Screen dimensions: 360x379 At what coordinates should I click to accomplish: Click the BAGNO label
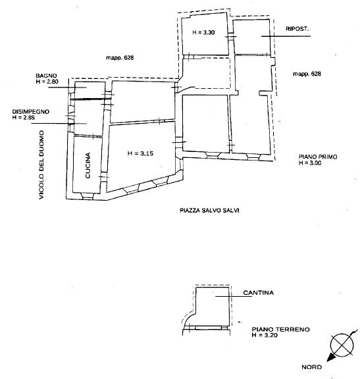46,76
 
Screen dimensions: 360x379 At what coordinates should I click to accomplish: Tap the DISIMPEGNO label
31,112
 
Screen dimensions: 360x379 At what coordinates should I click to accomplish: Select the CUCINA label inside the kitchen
88,165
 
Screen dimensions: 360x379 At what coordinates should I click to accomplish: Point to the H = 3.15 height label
140,153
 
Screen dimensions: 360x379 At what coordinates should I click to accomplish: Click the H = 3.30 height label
203,32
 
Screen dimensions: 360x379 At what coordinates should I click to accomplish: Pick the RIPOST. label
297,29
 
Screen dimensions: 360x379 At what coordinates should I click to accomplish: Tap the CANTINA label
259,293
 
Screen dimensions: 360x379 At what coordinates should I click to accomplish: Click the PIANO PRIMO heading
318,157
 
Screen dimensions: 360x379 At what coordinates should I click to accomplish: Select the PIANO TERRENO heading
281,330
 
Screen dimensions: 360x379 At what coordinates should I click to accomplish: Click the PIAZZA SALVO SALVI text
209,211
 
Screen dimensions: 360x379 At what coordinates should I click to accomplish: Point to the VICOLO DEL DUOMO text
41,165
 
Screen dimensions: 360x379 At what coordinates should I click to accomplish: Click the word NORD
312,367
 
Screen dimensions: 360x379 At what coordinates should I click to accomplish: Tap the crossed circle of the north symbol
342,345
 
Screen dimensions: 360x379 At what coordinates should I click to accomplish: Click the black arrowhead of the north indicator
331,357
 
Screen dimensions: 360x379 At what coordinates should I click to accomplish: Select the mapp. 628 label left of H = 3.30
120,58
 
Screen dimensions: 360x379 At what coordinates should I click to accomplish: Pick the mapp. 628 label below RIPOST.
307,74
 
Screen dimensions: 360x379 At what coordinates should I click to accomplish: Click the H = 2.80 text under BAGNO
47,82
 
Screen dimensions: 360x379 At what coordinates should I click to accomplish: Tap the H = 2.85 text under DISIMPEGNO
24,118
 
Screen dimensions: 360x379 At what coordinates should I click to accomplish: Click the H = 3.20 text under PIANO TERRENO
265,335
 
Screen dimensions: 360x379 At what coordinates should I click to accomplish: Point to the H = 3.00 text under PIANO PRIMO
310,163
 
